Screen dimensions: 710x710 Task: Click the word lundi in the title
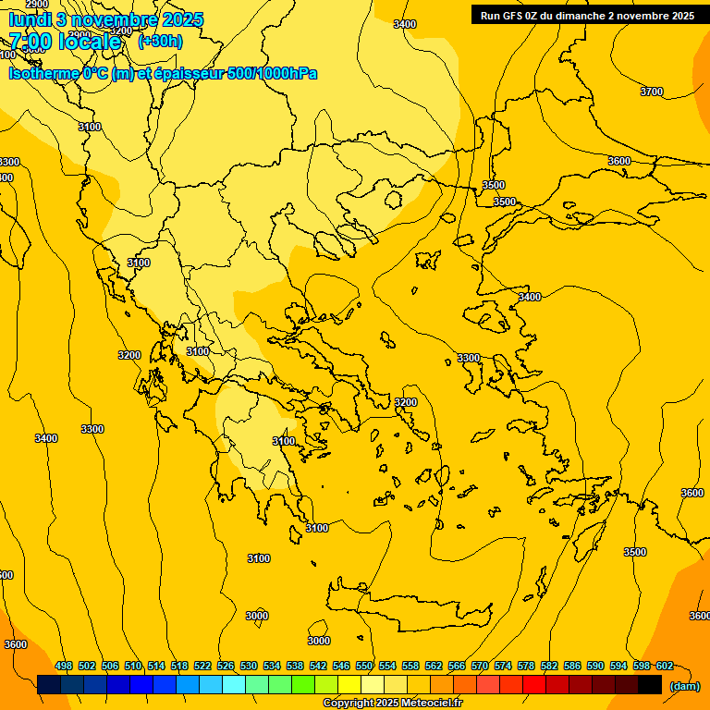click(30, 19)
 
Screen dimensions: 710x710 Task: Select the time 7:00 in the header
click(30, 41)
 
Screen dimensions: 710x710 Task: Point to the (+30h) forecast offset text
click(160, 41)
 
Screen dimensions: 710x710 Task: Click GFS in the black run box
click(515, 16)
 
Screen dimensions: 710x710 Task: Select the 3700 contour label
click(652, 92)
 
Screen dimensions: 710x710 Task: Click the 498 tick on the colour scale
click(64, 666)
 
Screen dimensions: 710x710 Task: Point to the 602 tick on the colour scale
click(664, 666)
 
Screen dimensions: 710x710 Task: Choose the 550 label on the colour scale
click(364, 666)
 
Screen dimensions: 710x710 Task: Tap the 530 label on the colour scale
click(249, 666)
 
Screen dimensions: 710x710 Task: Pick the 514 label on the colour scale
click(156, 666)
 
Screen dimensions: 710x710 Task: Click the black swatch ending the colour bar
click(650, 685)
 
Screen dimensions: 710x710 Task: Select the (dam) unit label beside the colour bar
click(684, 685)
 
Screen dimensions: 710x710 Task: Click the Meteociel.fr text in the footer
click(430, 704)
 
